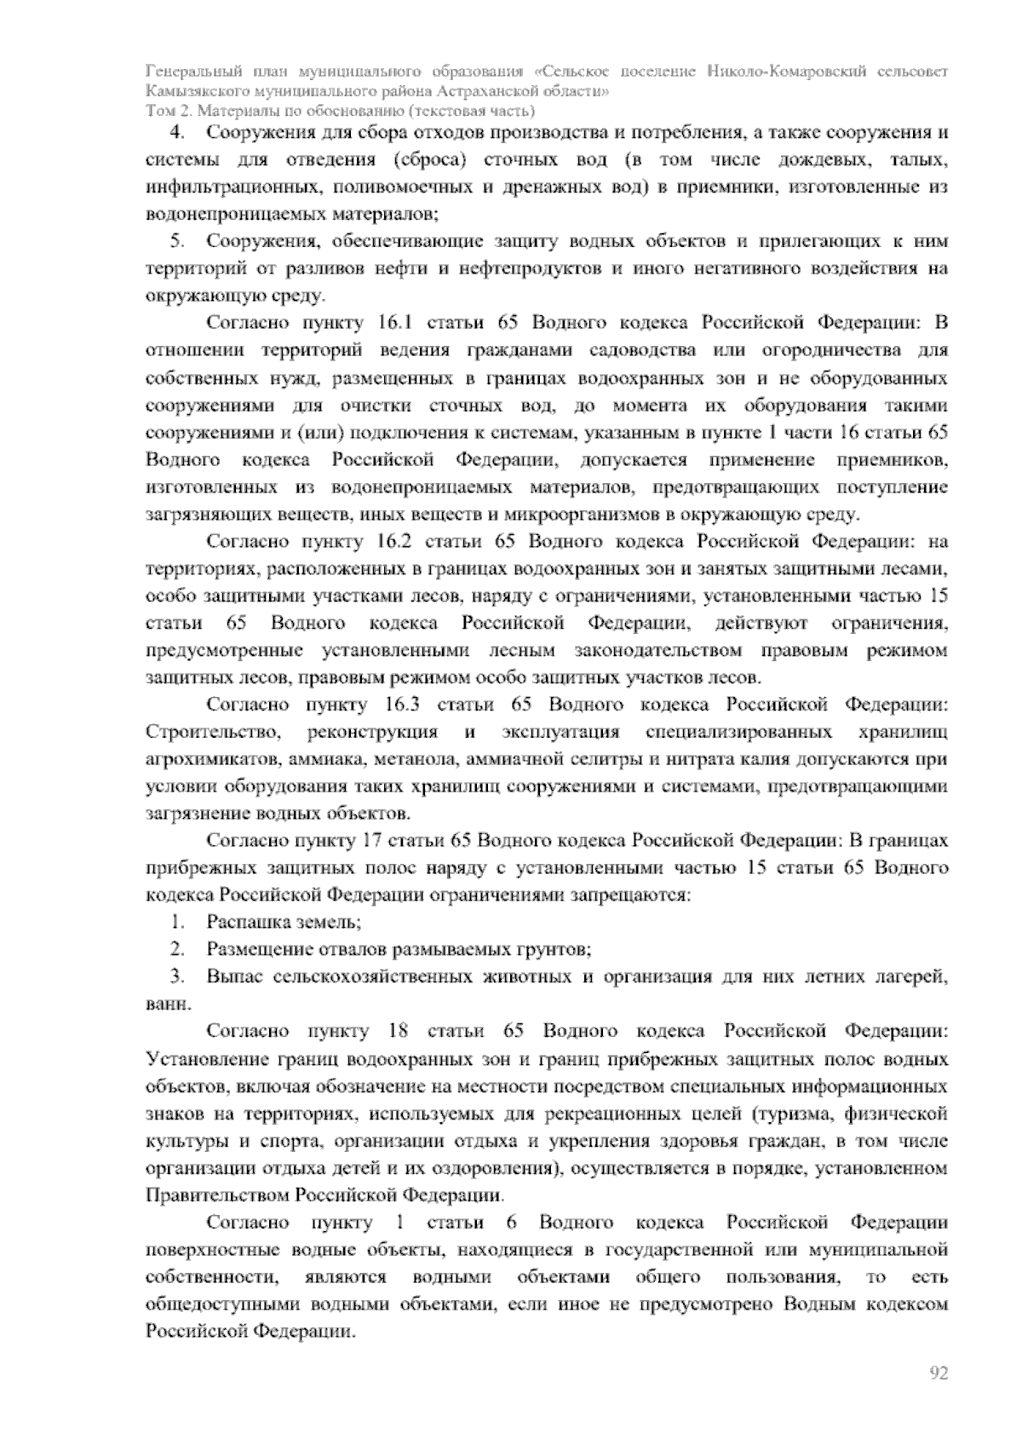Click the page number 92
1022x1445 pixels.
coord(939,1373)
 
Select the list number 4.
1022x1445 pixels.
coord(178,133)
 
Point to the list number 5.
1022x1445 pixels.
coord(178,241)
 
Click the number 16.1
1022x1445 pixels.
coord(393,323)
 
